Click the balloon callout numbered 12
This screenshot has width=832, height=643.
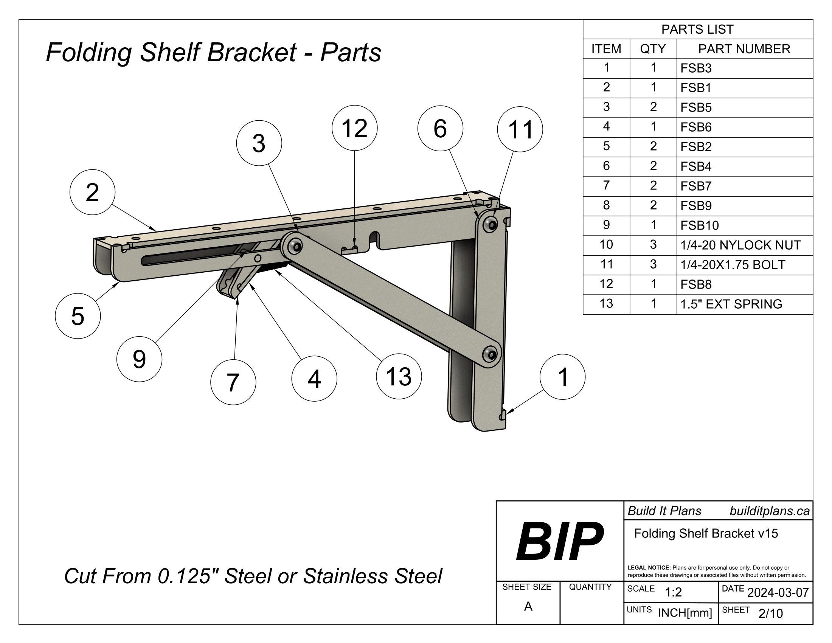pos(354,128)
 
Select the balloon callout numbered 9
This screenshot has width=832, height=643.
pos(139,359)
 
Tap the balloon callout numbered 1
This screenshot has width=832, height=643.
pos(562,377)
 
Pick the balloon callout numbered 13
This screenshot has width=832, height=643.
pos(399,376)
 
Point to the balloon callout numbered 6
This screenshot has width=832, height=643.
pos(440,128)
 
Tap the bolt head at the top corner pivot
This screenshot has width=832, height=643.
pos(490,224)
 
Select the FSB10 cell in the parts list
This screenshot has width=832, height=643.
pos(699,225)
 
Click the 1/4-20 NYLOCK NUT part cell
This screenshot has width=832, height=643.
pos(740,245)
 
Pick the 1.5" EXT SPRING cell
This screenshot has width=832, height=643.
pos(731,304)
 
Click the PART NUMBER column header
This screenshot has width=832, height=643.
pos(744,49)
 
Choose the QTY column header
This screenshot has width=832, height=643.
pos(653,49)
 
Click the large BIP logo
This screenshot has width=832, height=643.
pos(559,541)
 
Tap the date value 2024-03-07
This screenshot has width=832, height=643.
pos(778,592)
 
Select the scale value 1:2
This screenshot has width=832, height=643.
pos(673,592)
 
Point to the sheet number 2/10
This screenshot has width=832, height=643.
pos(770,613)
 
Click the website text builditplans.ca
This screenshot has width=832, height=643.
pos(769,511)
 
